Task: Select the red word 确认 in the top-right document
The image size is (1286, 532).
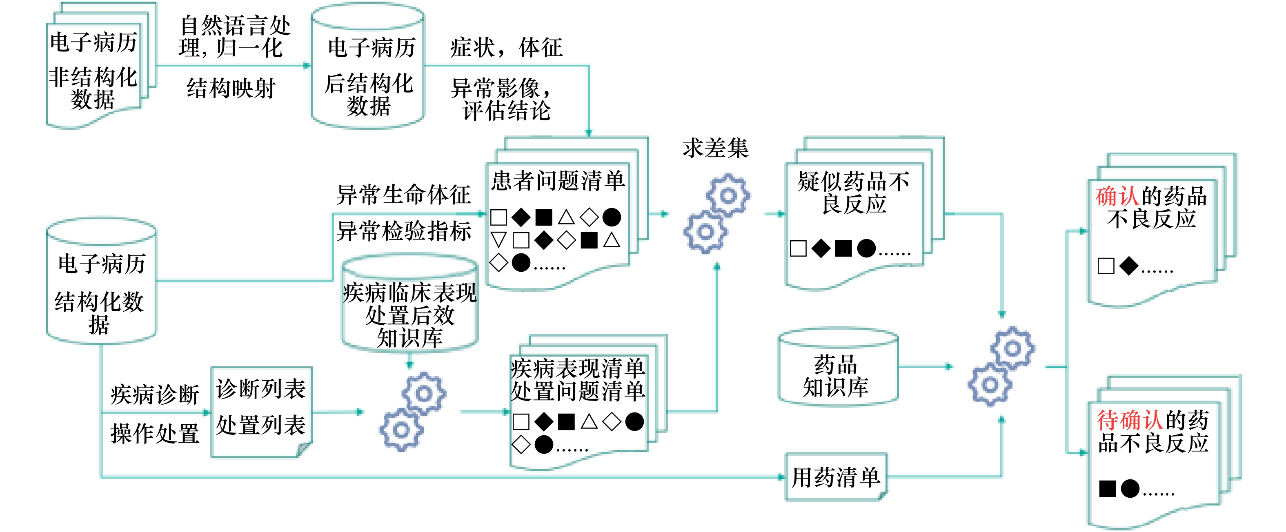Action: [1118, 196]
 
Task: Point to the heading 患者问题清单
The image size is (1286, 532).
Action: [558, 181]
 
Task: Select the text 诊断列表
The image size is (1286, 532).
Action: [260, 389]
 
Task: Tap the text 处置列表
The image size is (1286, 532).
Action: [260, 425]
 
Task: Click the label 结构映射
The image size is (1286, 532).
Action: [231, 89]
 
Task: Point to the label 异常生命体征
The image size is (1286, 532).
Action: [403, 195]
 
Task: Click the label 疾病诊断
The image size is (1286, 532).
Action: [155, 395]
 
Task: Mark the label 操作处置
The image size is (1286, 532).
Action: [155, 434]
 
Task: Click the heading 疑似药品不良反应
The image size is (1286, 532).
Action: [854, 193]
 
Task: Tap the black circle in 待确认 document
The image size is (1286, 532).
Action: [1130, 489]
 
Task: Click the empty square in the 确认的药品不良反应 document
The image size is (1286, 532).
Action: [1106, 266]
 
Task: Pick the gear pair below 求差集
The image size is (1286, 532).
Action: [717, 214]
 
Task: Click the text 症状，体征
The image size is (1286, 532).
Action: [506, 48]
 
